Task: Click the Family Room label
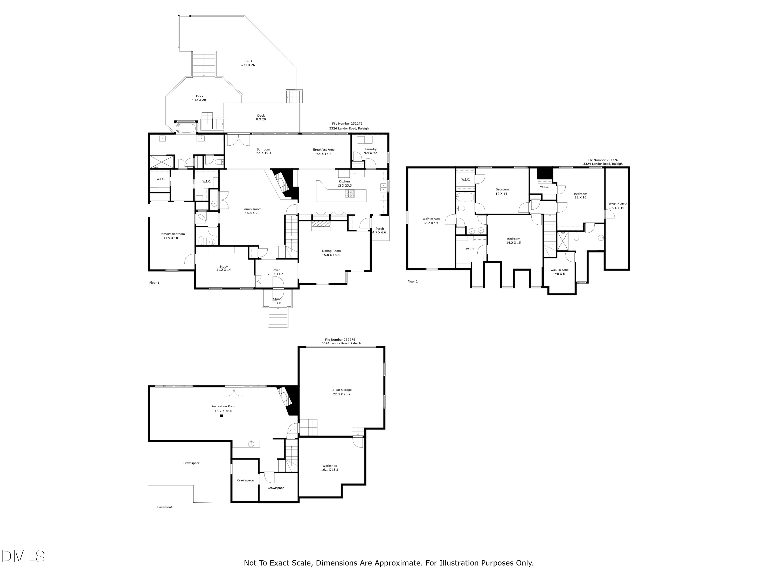[252, 209]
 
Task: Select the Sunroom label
[263, 149]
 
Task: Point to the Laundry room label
[371, 149]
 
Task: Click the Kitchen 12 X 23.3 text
[344, 184]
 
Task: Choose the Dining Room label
[331, 251]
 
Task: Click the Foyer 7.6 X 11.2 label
[275, 272]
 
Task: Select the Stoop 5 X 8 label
[277, 301]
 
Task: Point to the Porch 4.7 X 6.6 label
[379, 231]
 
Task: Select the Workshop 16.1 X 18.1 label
[330, 468]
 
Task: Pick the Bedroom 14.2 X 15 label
[513, 241]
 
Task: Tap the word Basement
[165, 507]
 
